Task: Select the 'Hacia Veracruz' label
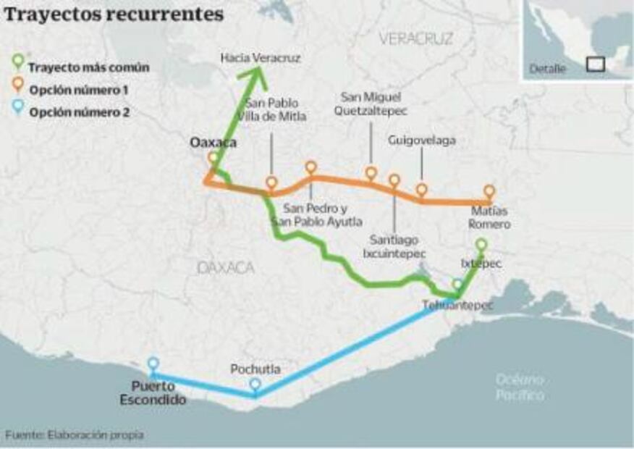260,57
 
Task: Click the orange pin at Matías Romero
489,192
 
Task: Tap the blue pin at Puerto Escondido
153,364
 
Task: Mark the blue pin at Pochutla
255,385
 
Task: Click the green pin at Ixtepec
481,246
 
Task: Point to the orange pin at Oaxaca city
213,158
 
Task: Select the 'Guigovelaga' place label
421,140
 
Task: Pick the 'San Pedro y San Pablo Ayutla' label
323,215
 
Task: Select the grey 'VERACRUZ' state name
415,39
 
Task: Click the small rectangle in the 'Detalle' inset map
595,64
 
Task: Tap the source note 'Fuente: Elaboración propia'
75,435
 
